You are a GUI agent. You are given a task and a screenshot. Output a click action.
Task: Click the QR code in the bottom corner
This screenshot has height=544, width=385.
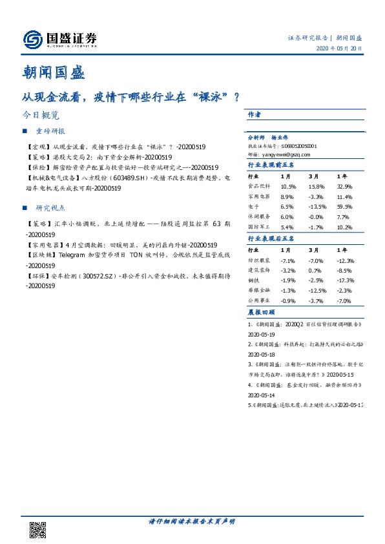38,528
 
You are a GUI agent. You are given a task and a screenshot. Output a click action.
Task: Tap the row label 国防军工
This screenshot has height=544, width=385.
259,227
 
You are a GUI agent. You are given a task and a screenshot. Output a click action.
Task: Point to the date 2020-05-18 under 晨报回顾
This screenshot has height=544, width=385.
262,355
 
